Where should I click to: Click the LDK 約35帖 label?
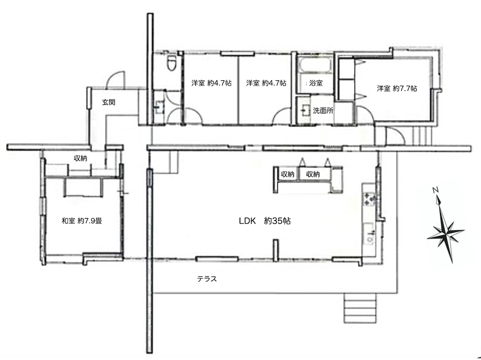(265, 221)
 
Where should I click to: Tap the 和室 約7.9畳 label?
(82, 221)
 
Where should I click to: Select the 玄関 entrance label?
(109, 102)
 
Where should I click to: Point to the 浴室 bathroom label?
(316, 83)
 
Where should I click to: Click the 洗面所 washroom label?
(323, 111)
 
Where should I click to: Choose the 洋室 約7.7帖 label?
(397, 88)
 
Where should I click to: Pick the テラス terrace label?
(207, 279)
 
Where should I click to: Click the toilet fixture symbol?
(171, 63)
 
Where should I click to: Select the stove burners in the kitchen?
(370, 199)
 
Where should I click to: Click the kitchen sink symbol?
(369, 234)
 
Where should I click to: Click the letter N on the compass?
(435, 190)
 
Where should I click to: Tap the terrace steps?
(360, 308)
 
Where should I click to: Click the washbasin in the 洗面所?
(305, 110)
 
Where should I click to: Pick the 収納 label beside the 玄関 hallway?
(80, 158)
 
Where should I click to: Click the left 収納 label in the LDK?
(288, 174)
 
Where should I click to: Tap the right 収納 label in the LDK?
(313, 174)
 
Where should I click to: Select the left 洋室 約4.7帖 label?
(212, 83)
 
